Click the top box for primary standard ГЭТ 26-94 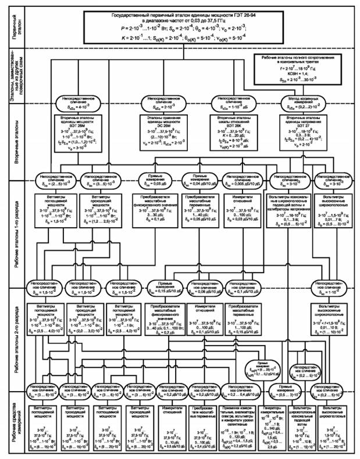tap(186, 26)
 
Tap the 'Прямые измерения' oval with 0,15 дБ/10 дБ tap(162, 286)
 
